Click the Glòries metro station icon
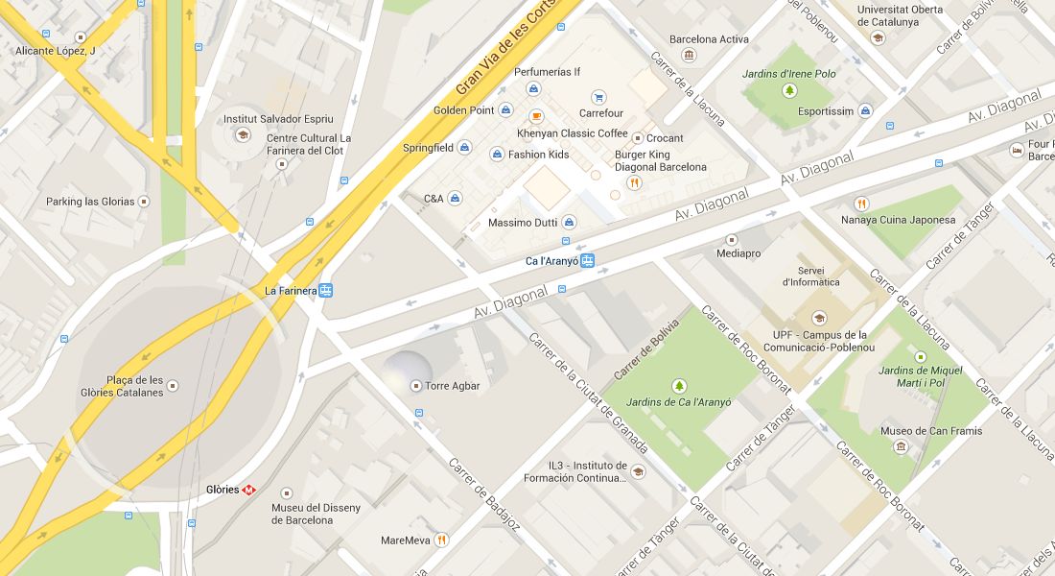[249, 490]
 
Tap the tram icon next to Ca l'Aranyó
[587, 261]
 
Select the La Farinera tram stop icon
[326, 290]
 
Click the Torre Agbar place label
[451, 386]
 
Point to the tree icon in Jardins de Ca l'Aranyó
[679, 386]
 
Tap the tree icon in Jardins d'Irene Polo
[789, 91]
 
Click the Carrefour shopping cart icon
[598, 97]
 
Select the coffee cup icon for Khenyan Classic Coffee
[536, 116]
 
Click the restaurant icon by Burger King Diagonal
[633, 182]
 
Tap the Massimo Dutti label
[523, 223]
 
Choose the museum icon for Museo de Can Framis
[901, 446]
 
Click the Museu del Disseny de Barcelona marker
[286, 493]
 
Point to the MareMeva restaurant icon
[441, 540]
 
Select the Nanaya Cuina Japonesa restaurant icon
[861, 204]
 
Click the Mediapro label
[738, 254]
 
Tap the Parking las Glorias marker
[143, 202]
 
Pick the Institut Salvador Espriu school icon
[243, 135]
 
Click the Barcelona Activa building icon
[689, 56]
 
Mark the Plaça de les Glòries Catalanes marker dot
[173, 386]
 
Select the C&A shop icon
[455, 199]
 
